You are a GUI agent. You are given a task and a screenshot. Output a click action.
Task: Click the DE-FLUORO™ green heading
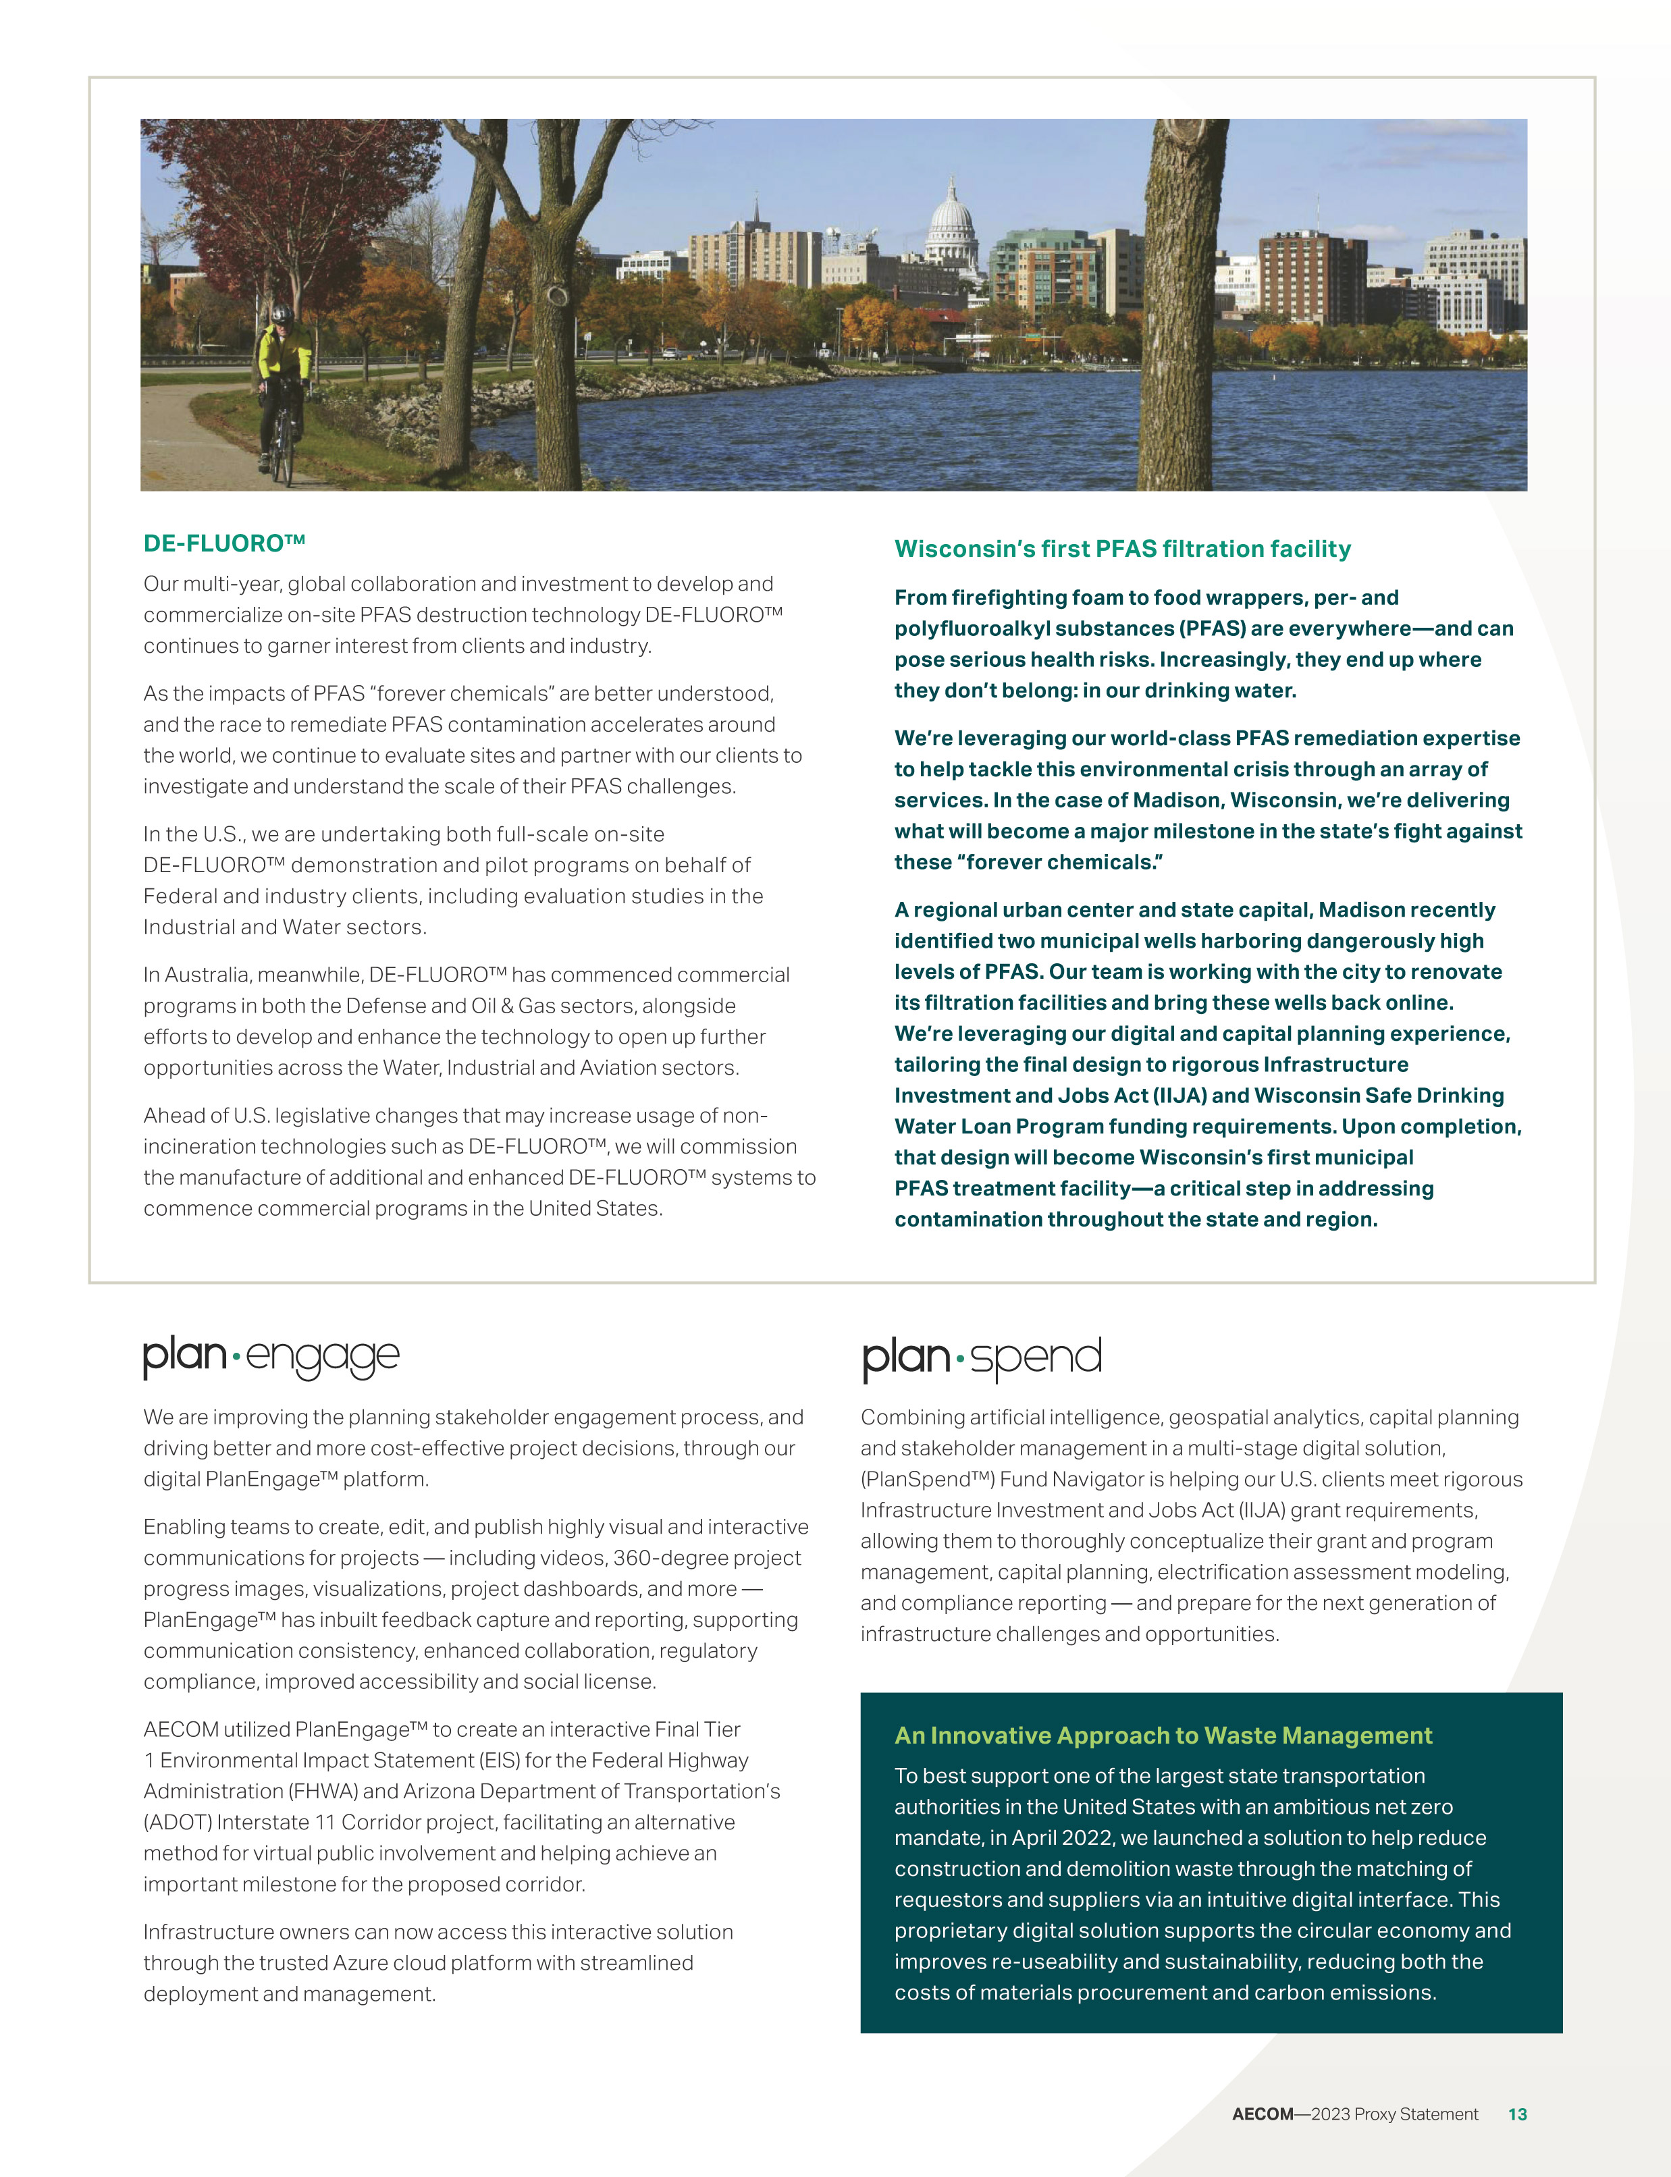[x=223, y=543]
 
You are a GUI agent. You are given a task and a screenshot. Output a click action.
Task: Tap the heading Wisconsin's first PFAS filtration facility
[x=1122, y=549]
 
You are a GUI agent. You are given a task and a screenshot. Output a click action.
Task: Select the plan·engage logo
[x=271, y=1357]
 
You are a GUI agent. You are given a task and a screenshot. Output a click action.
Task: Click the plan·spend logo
[x=982, y=1358]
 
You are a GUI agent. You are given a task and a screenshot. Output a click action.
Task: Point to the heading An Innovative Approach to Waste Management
[x=1163, y=1736]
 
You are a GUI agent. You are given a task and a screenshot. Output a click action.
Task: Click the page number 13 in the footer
[x=1517, y=2114]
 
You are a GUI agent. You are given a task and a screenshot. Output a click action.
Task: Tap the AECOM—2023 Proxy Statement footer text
[x=1355, y=2114]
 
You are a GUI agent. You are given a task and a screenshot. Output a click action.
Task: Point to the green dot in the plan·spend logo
[x=960, y=1358]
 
